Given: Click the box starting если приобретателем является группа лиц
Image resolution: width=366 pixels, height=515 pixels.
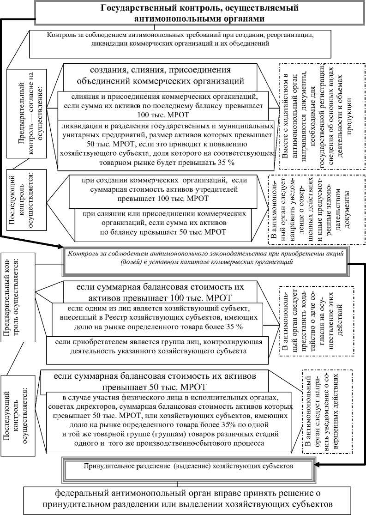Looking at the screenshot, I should pyautogui.click(x=157, y=347).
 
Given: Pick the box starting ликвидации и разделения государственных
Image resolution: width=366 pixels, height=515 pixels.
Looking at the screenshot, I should pyautogui.click(x=166, y=144).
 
